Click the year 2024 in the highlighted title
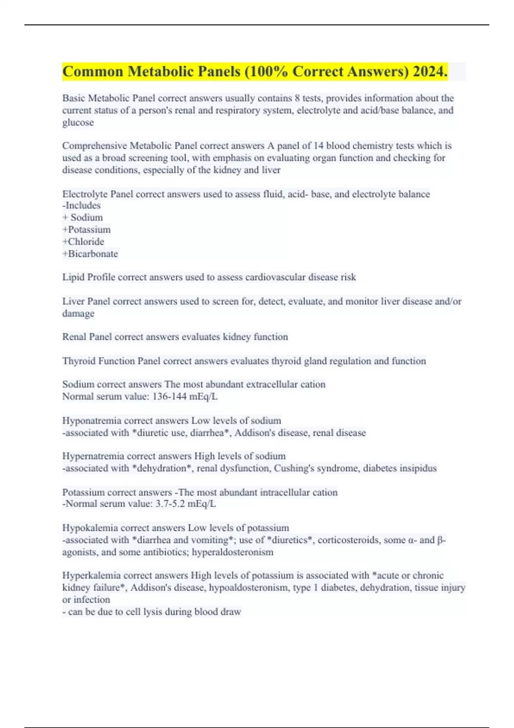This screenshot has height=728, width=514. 430,72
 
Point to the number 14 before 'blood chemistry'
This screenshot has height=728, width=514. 318,146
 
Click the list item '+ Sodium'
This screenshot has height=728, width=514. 83,218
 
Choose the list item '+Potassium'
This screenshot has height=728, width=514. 87,230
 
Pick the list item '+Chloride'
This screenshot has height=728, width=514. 83,242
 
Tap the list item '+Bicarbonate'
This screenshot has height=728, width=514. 90,254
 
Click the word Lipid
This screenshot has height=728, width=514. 73,277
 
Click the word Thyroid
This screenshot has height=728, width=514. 79,361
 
